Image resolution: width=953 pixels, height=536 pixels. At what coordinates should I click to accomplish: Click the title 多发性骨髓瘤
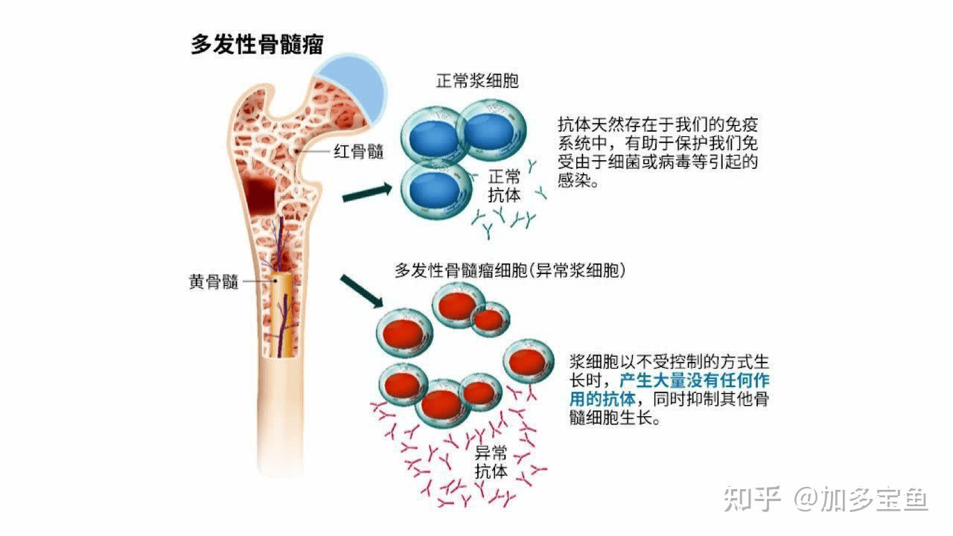click(x=257, y=44)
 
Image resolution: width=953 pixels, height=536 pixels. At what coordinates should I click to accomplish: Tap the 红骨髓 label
click(x=359, y=151)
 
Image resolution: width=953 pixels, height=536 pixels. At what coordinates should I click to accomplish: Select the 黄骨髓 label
click(x=214, y=281)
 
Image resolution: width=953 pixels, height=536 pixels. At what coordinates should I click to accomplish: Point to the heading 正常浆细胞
click(x=477, y=81)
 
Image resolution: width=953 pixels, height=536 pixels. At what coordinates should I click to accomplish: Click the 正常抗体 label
click(x=504, y=186)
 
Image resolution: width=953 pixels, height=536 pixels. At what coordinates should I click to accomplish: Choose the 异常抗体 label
click(x=491, y=462)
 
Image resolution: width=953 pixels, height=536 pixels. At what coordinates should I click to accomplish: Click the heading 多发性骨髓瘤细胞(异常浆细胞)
click(x=510, y=270)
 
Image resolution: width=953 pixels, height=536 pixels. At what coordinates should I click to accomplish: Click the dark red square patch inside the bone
click(x=261, y=196)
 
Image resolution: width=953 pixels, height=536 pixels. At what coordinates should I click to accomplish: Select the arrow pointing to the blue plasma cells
click(x=367, y=193)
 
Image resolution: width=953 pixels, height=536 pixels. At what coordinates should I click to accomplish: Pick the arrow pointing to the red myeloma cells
click(x=362, y=291)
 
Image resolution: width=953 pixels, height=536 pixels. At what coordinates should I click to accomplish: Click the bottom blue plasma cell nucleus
click(x=434, y=191)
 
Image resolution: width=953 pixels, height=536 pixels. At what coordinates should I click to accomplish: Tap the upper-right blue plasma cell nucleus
click(x=489, y=132)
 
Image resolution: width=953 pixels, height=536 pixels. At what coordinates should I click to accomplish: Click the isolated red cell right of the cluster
click(x=528, y=362)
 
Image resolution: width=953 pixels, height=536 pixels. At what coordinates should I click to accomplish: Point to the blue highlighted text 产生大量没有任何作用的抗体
click(x=669, y=389)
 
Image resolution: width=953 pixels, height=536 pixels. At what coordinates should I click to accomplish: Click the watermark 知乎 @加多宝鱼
click(x=826, y=499)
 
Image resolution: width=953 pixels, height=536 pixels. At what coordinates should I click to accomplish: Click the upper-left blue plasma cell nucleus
click(x=434, y=139)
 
